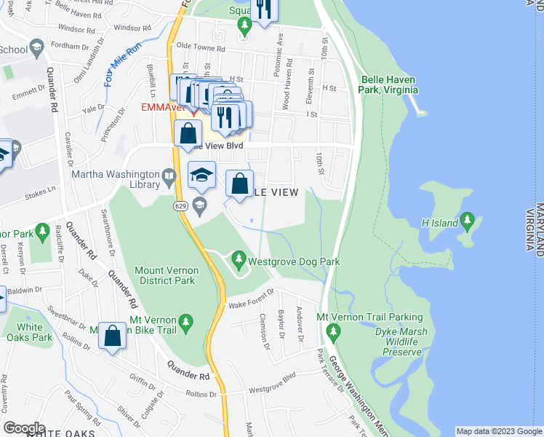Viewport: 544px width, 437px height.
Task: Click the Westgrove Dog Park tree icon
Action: (x=238, y=259)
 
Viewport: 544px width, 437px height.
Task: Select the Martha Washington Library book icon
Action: (x=169, y=175)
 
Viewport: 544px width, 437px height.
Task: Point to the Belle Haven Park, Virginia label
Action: (x=388, y=84)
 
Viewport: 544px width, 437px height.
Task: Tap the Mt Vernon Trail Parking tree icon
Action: (x=334, y=332)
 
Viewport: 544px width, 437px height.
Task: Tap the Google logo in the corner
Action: (x=25, y=428)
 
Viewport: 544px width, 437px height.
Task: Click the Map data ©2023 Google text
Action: (x=498, y=431)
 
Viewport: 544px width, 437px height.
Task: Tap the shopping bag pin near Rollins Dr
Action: (x=112, y=336)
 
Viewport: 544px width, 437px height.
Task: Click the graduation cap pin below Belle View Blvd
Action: (x=201, y=175)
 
